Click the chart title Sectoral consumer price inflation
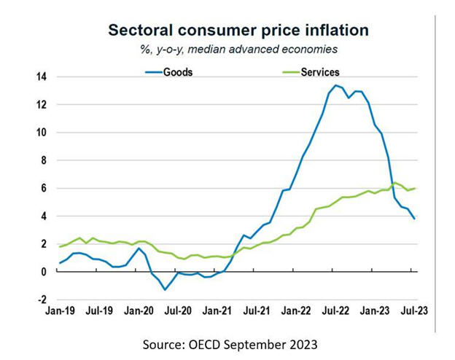(238, 30)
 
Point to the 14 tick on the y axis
(42, 77)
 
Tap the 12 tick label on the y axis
(42, 105)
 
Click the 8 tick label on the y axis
(44, 160)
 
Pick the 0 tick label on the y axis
(44, 272)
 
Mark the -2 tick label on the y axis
(42, 300)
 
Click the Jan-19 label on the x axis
(61, 310)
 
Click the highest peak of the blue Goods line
(335, 86)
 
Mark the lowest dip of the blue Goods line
(166, 289)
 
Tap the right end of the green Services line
(416, 188)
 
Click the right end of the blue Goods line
(416, 219)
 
